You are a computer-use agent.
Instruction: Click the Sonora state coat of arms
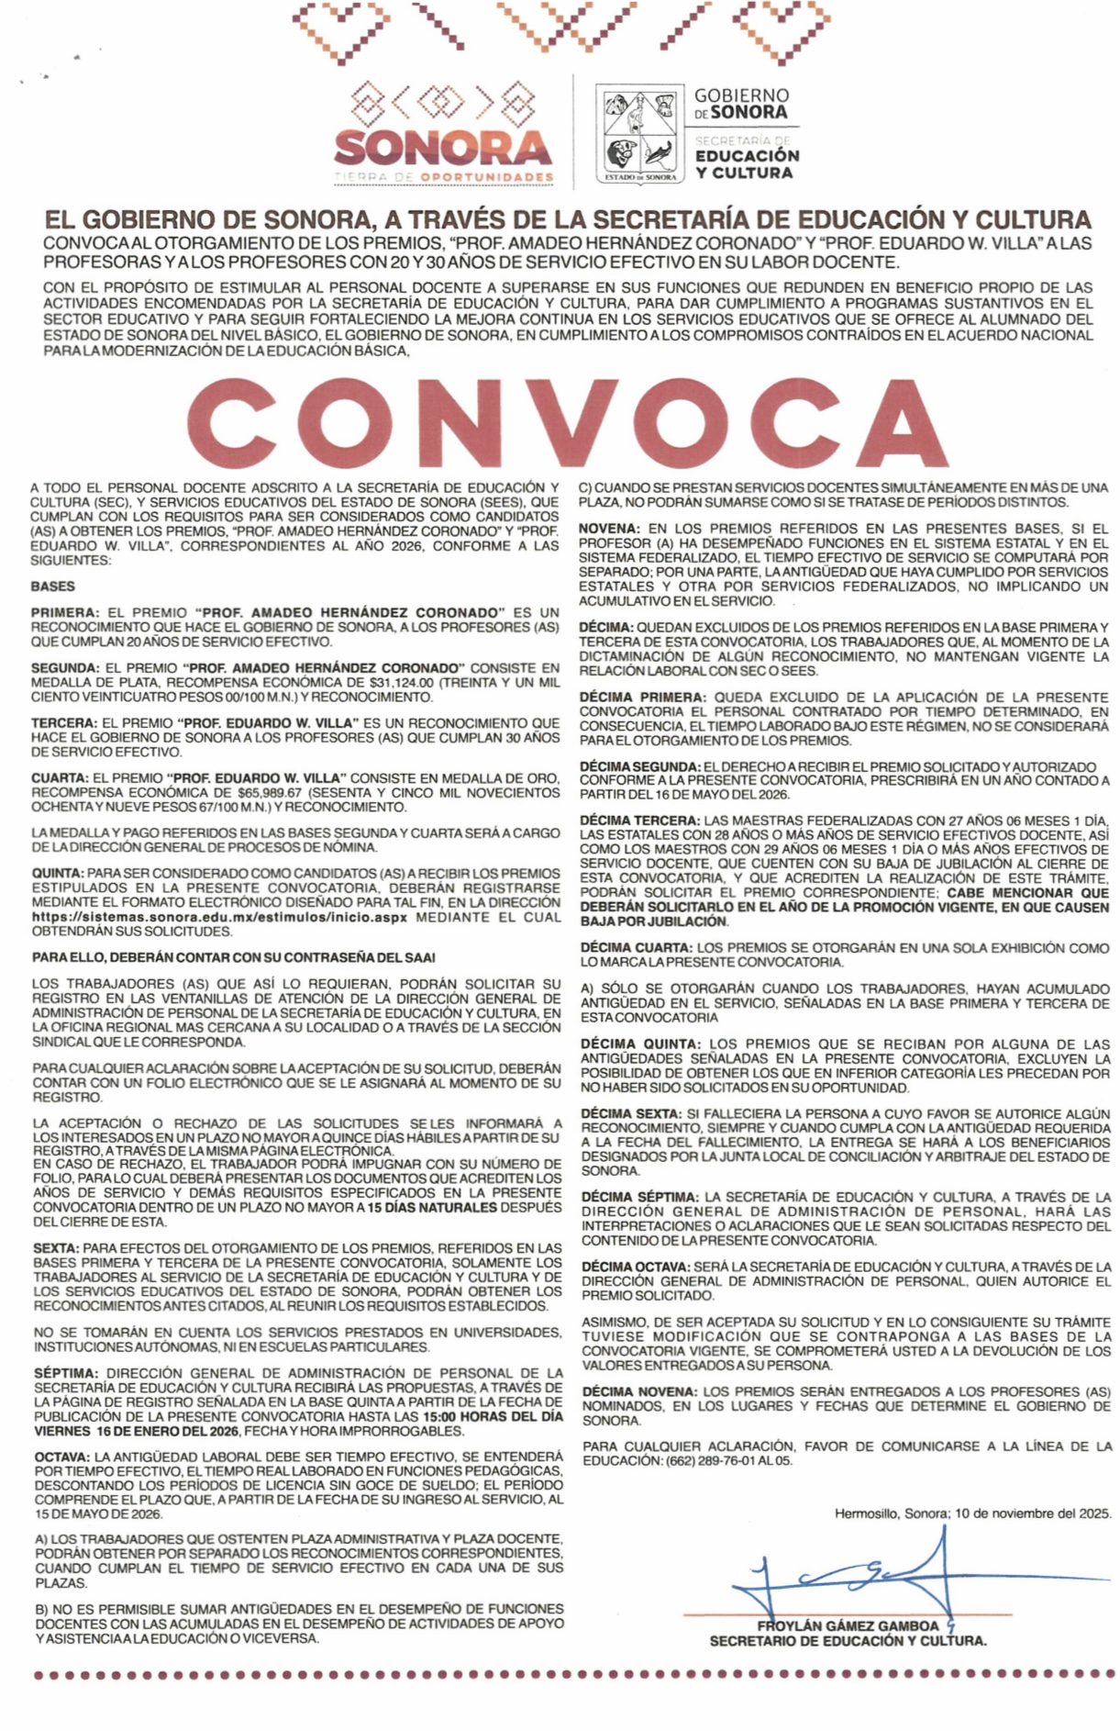639,133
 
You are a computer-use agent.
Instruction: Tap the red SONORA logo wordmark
443,147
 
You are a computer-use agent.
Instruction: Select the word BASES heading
52,586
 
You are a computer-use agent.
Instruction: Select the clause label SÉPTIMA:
65,1373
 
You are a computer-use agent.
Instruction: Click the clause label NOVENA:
609,529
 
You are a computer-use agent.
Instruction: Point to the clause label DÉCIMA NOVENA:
638,1391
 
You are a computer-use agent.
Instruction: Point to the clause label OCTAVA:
62,1457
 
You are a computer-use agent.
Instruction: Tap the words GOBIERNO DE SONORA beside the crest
741,104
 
